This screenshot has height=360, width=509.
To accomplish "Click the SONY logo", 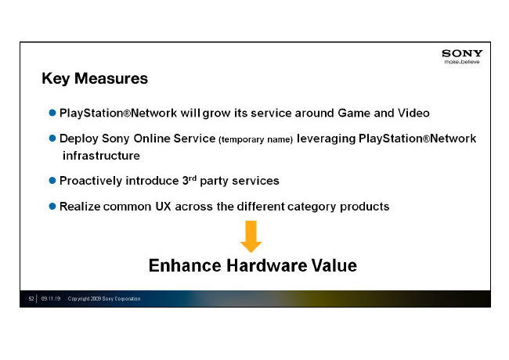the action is coord(462,53).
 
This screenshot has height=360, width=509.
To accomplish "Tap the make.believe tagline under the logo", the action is coord(462,62).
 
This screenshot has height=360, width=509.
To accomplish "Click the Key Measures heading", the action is coord(95,79).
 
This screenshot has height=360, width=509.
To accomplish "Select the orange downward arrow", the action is coord(251,236).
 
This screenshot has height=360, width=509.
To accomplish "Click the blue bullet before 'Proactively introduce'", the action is coord(52,180).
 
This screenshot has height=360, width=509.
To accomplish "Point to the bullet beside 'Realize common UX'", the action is coord(52,207).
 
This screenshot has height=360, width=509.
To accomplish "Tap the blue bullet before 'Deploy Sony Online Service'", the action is coord(52,139).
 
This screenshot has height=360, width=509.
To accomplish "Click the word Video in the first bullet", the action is coord(413,113).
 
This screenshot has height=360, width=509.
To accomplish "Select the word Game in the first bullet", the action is coord(354,113).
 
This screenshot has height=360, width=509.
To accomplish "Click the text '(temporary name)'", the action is coord(256,139).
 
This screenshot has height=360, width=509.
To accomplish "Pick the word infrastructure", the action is coord(101,156).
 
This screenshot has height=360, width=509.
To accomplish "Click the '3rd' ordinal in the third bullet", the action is coord(190,180).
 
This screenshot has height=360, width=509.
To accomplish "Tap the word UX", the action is coord(163,207).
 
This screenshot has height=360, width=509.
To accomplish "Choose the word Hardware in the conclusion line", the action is coord(266,265).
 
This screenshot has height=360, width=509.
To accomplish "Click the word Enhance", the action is coord(186,265).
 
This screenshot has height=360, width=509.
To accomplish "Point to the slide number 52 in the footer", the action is coord(31,299).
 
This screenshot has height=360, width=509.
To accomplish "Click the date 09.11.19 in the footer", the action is coord(51,299).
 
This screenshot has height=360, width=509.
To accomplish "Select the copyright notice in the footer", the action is coord(104,299).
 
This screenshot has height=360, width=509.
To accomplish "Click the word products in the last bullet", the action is coord(365,207).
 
